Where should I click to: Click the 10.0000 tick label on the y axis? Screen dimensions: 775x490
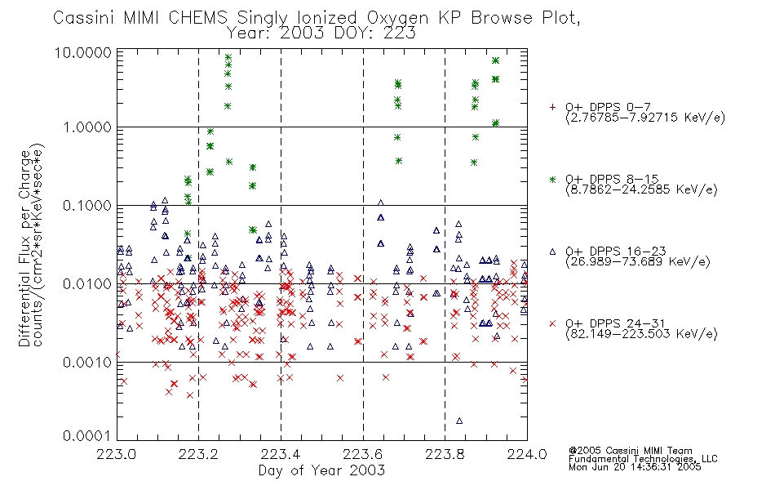point(83,52)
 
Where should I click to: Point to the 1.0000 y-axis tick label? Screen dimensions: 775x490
point(87,127)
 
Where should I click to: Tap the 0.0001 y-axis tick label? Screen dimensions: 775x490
point(87,436)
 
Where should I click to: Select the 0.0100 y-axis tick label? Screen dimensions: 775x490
point(87,284)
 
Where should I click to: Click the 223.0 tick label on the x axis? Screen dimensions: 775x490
point(117,454)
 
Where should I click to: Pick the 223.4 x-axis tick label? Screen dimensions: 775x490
point(281,454)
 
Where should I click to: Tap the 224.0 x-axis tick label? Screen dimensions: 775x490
point(527,454)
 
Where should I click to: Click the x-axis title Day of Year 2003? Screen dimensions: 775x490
point(321,470)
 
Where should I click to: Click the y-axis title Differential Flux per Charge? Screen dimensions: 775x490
point(24,248)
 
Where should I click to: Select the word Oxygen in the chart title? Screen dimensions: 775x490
point(398,18)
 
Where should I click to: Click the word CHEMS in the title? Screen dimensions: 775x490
point(197,17)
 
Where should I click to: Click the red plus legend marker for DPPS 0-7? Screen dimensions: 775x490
point(552,107)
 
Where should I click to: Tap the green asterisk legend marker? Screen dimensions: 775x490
point(552,179)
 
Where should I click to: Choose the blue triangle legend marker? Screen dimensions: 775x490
point(552,252)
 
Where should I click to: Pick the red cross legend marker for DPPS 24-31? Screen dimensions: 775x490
point(552,323)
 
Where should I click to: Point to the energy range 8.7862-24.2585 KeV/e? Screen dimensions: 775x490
point(641,189)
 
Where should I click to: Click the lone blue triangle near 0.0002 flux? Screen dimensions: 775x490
point(459,421)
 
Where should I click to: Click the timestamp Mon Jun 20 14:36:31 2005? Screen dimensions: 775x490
point(635,467)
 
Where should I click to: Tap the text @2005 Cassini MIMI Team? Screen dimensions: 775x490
point(631,451)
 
